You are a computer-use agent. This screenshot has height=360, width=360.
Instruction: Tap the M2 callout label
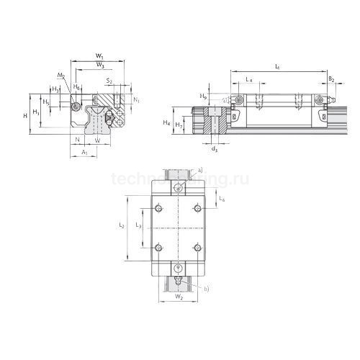pyautogui.click(x=60, y=76)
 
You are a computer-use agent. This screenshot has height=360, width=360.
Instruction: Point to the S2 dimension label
pyautogui.click(x=109, y=82)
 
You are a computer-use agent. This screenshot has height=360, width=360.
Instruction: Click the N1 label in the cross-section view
pyautogui.click(x=137, y=99)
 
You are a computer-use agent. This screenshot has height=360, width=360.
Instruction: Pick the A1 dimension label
pyautogui.click(x=84, y=153)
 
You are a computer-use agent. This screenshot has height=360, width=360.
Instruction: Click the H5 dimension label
pyautogui.click(x=47, y=102)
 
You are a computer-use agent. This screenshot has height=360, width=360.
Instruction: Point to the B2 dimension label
pyautogui.click(x=330, y=80)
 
